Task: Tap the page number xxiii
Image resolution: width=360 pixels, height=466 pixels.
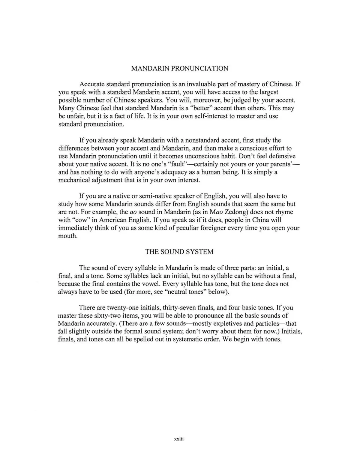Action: (180, 438)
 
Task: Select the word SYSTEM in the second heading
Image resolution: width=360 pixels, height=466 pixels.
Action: (200, 252)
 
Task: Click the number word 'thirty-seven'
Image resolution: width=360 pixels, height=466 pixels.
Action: (178, 308)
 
